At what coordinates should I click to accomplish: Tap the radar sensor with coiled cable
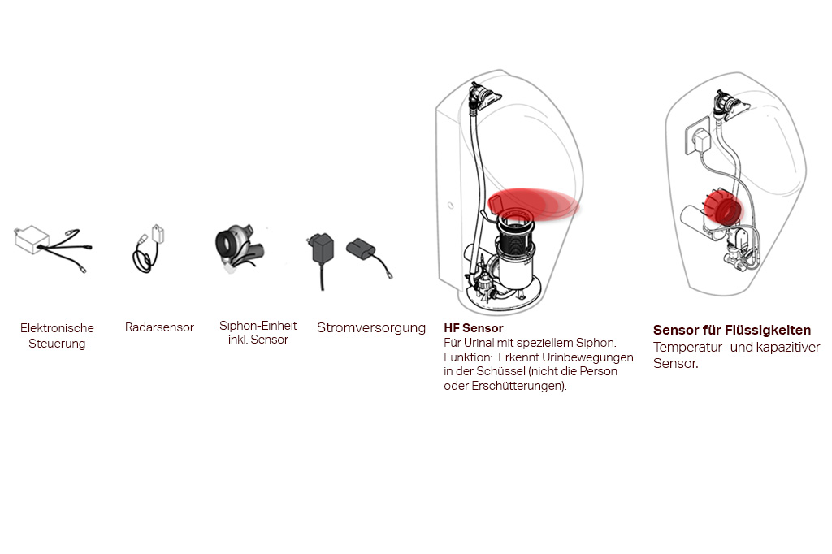click(149, 249)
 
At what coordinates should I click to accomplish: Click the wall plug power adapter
click(322, 255)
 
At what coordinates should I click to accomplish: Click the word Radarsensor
click(159, 327)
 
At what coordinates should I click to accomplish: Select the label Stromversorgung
click(370, 328)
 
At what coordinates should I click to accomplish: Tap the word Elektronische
click(57, 328)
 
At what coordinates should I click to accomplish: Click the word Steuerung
click(57, 344)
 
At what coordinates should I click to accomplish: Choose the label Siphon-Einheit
click(258, 325)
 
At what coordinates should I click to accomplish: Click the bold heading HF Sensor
click(474, 328)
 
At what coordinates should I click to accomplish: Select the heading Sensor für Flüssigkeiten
click(732, 330)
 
